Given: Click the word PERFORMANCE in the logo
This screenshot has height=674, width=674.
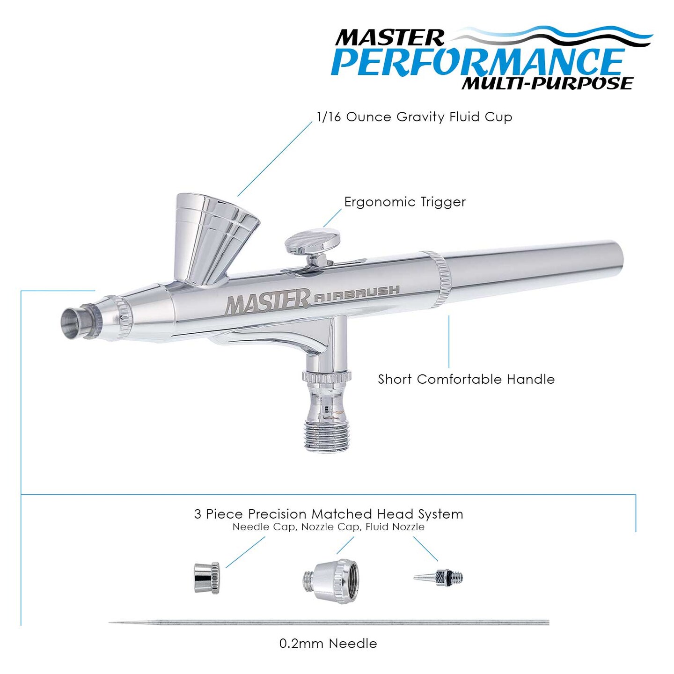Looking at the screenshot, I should (x=477, y=62).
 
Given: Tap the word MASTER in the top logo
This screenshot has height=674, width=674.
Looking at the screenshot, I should (x=389, y=38).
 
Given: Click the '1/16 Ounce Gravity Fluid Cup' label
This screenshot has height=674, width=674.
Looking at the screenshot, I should (x=414, y=117).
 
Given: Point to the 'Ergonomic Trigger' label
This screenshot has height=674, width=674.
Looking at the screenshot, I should (x=405, y=202).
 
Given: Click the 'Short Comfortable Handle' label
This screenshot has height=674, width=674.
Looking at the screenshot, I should (x=466, y=379).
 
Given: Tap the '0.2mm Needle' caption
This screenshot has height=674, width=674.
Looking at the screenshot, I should (x=328, y=644).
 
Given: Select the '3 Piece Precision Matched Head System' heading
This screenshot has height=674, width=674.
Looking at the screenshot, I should (x=329, y=514).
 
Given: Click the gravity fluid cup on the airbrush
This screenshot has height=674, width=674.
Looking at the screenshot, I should (x=213, y=234).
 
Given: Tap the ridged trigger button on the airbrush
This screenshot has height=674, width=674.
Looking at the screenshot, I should (x=312, y=241).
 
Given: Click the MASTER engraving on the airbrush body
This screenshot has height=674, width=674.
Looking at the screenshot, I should (x=268, y=301).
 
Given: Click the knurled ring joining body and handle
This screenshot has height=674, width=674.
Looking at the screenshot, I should (x=439, y=278).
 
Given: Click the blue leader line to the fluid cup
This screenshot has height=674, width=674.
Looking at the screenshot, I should (x=275, y=159).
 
